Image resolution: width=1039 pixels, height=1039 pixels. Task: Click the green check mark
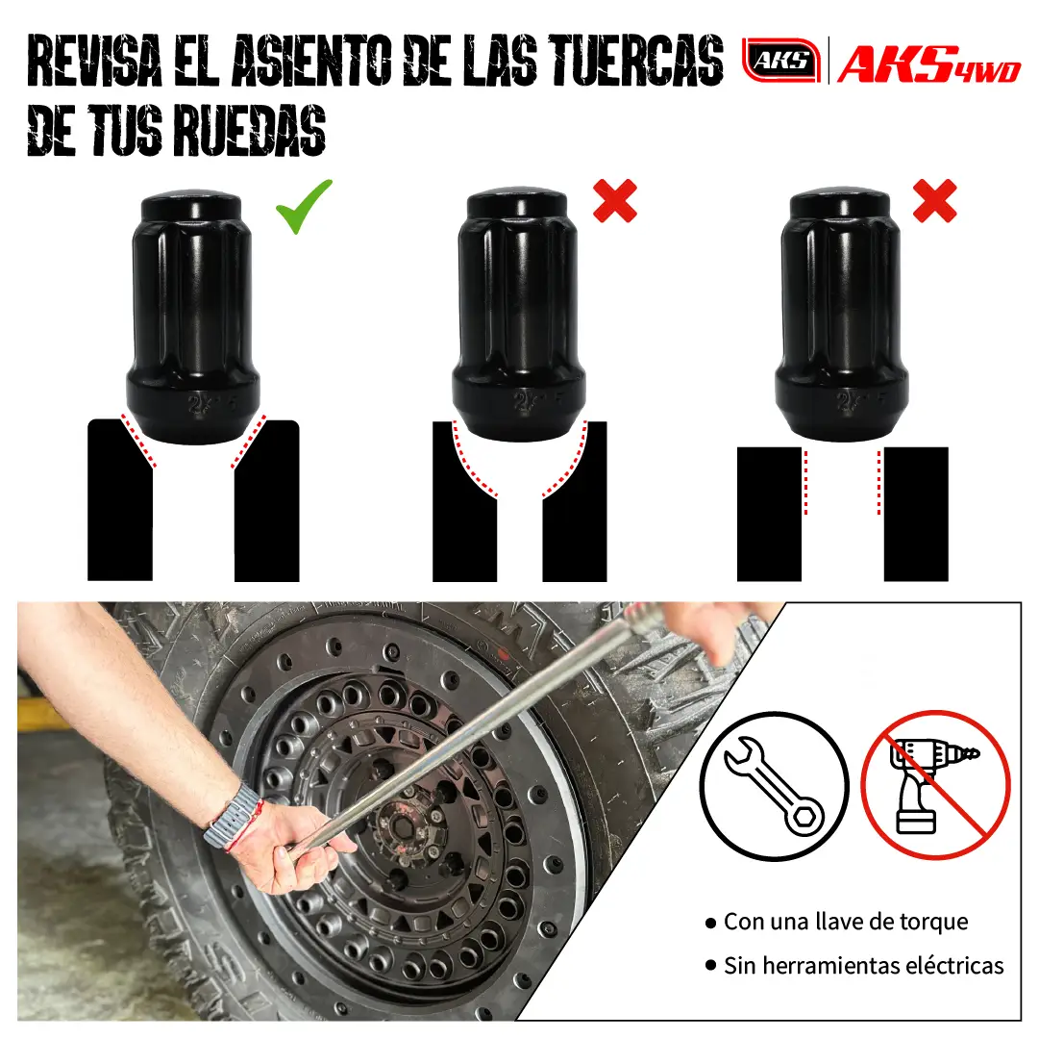pos(303,208)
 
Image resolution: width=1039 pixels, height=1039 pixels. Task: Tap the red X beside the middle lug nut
pos(615,200)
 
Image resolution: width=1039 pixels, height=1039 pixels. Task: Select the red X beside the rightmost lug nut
pos(933,200)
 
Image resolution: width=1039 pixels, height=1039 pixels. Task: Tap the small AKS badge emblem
pos(780,61)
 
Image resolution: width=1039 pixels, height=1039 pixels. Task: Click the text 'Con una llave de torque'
pos(845,922)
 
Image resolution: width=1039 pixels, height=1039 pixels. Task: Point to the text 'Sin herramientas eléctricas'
pos(863,965)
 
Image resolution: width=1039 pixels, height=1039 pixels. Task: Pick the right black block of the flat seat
pos(916,514)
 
